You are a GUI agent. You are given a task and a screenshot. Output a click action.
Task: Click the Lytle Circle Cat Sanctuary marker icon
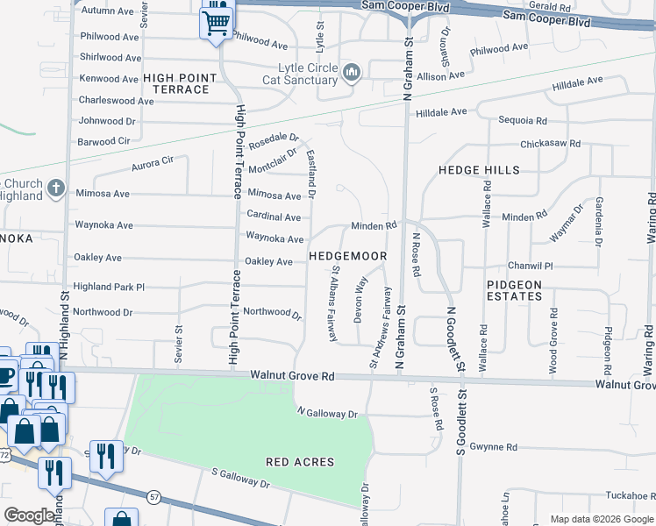352,72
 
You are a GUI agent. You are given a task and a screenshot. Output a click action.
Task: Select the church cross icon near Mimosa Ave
55,188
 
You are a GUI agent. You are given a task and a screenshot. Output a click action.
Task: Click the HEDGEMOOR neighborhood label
348,256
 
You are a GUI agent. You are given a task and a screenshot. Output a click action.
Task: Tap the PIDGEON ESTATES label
514,290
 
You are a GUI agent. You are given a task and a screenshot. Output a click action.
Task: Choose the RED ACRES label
300,461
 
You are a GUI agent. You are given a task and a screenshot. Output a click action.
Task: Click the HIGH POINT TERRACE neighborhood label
181,83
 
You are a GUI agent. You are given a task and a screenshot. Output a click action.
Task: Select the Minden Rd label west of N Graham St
374,225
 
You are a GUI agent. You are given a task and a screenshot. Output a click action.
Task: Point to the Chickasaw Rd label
550,143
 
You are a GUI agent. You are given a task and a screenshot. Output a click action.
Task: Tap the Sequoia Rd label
523,120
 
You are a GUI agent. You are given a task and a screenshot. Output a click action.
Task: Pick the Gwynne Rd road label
494,447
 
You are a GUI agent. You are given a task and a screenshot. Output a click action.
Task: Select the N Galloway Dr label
328,413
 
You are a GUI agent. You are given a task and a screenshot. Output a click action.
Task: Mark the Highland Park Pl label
109,287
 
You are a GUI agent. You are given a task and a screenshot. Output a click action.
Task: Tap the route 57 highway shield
153,496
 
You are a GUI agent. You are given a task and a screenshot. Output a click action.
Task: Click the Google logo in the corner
29,515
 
